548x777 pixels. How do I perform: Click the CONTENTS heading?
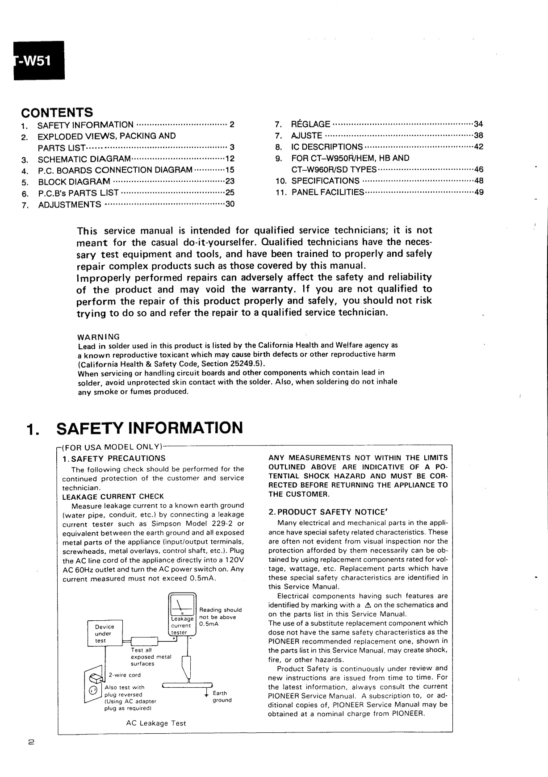click(x=57, y=112)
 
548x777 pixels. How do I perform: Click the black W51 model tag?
click(x=39, y=61)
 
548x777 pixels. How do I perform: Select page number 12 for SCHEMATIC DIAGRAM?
click(x=230, y=159)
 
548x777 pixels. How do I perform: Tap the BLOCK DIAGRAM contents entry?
click(x=74, y=182)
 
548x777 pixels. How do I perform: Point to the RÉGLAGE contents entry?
click(x=310, y=124)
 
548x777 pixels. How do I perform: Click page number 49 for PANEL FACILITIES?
click(x=478, y=192)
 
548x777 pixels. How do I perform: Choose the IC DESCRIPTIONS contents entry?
click(x=327, y=147)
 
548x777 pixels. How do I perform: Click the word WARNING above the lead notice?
click(x=99, y=336)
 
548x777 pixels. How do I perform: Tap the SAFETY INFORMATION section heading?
click(x=150, y=428)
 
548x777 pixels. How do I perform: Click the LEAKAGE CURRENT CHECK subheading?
click(x=113, y=497)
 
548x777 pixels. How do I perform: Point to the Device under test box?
click(x=105, y=633)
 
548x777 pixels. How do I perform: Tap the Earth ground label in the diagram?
click(x=222, y=696)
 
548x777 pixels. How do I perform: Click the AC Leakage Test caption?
click(x=156, y=723)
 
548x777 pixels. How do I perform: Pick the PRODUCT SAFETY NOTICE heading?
click(x=327, y=512)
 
